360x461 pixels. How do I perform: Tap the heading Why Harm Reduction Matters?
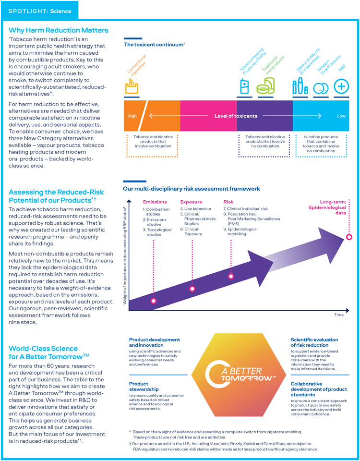click(58, 31)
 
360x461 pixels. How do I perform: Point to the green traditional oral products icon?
click(265, 88)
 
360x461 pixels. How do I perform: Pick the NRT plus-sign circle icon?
click(341, 87)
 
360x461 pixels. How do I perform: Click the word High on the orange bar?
click(132, 116)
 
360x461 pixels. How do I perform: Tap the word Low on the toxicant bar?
click(341, 116)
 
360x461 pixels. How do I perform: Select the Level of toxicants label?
click(236, 116)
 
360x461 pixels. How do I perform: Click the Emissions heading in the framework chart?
click(155, 202)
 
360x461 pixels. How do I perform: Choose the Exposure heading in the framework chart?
click(191, 202)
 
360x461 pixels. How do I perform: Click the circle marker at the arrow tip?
click(349, 237)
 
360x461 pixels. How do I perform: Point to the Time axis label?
click(339, 315)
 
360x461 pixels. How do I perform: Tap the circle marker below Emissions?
click(154, 301)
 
